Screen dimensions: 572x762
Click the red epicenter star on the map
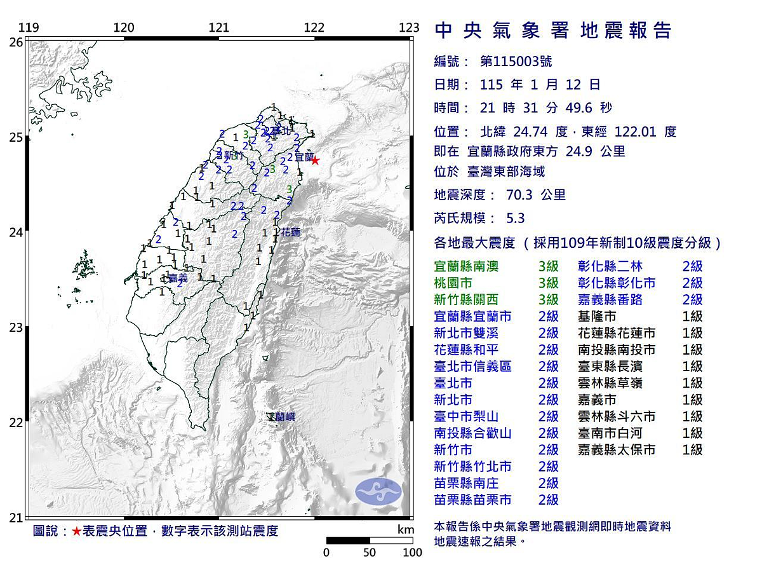tap(314, 161)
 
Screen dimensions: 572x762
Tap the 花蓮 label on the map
tap(291, 233)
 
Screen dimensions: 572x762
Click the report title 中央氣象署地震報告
tap(552, 31)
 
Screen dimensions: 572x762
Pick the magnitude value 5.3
tap(515, 218)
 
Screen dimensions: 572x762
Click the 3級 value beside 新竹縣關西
tap(548, 299)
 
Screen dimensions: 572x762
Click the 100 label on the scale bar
tap(412, 552)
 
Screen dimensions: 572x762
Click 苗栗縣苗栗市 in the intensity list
tap(472, 500)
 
